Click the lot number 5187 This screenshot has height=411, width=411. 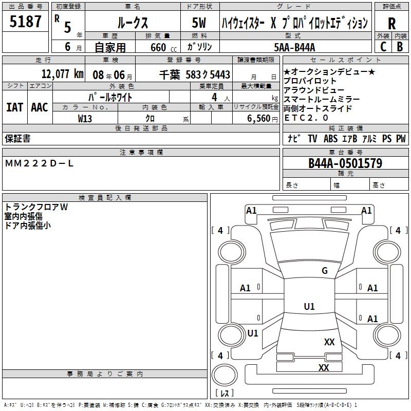(26, 22)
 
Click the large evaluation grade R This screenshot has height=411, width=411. (392, 24)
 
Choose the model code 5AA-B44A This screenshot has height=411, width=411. (295, 47)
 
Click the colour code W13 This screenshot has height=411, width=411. (85, 118)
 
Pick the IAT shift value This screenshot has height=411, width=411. (14, 107)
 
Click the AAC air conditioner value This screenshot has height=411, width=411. (40, 107)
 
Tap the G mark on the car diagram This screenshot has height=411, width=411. (324, 271)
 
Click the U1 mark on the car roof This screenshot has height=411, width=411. (309, 306)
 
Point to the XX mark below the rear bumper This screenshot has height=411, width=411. (323, 367)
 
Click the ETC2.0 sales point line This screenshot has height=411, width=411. (306, 118)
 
